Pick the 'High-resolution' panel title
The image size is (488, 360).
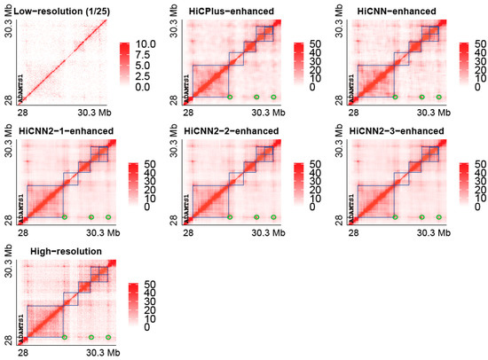click(59, 252)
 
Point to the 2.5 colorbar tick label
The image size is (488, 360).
click(146, 77)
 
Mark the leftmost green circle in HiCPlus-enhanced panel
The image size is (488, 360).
click(230, 96)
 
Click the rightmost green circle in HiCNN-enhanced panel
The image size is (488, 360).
click(438, 96)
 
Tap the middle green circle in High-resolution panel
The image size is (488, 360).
click(91, 337)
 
